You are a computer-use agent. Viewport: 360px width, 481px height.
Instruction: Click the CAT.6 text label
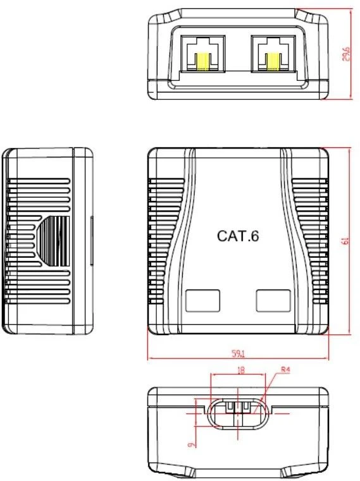[238, 236]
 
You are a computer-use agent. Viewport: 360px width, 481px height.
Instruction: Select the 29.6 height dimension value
[346, 54]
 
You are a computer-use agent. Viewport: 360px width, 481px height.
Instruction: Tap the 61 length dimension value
[345, 241]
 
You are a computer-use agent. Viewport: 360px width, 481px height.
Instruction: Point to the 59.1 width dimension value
[239, 354]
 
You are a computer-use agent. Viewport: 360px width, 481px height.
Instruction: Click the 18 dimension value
[241, 370]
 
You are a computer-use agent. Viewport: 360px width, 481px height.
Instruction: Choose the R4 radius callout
[285, 369]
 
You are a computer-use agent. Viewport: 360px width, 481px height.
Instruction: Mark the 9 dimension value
[192, 444]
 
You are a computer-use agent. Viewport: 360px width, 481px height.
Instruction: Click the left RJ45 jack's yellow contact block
[202, 62]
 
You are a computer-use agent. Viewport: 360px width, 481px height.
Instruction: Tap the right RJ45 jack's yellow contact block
[273, 62]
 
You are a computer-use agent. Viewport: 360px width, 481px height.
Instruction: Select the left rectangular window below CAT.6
[202, 300]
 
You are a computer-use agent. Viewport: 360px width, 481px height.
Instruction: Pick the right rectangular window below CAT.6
[273, 300]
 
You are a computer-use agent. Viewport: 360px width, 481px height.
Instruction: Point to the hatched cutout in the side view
[53, 241]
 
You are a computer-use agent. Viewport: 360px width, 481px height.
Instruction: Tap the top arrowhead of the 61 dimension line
[350, 151]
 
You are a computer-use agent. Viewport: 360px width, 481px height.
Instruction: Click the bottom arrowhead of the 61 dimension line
[350, 332]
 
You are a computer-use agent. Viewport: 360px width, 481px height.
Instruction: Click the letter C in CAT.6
[222, 236]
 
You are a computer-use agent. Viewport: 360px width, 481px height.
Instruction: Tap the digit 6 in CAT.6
[255, 236]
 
